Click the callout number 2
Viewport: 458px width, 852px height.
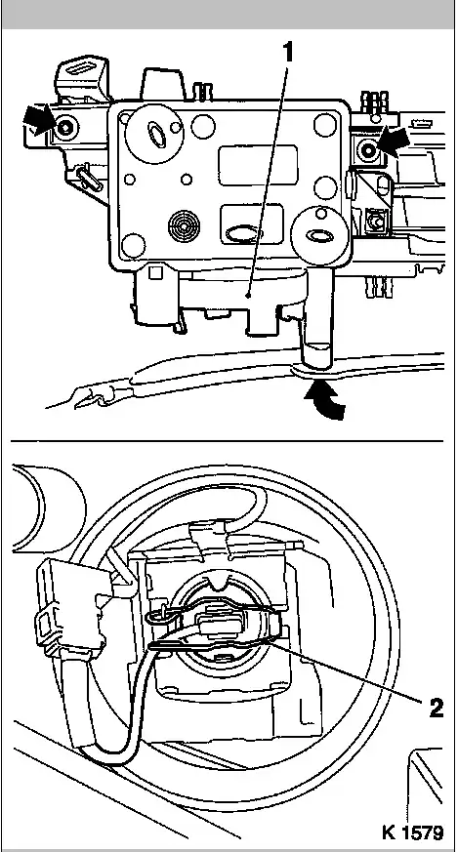pyautogui.click(x=436, y=708)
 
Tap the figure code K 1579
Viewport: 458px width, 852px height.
pyautogui.click(x=412, y=832)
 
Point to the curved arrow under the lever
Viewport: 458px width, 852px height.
pyautogui.click(x=325, y=400)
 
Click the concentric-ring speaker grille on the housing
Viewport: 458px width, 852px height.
pyautogui.click(x=185, y=223)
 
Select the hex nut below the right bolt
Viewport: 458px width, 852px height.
pyautogui.click(x=375, y=222)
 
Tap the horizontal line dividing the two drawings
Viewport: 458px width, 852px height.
pyautogui.click(x=228, y=441)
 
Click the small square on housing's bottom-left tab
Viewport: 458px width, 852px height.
pyautogui.click(x=155, y=271)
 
